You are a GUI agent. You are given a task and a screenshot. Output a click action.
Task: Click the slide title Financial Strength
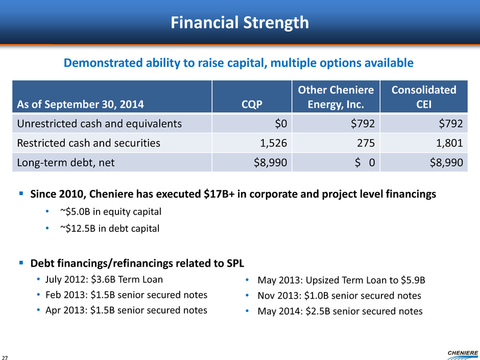coord(240,23)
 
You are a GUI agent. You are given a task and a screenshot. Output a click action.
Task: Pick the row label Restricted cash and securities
coord(88,143)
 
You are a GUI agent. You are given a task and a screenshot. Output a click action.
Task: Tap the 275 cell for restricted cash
coord(367,143)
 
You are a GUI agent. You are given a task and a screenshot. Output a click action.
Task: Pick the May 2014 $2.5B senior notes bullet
coord(340,311)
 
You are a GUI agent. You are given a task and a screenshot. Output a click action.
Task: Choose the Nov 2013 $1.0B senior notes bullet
coord(339,295)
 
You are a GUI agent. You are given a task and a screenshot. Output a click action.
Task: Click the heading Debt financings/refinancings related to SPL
coord(137,263)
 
